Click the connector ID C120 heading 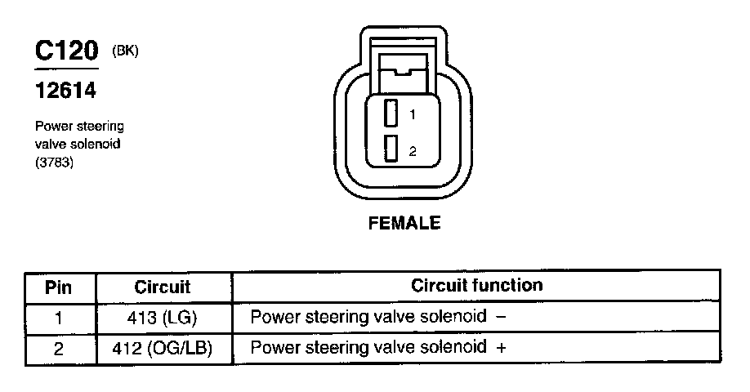click(66, 51)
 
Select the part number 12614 click(65, 91)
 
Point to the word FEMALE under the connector click(404, 223)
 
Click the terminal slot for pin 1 click(391, 114)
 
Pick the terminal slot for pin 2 click(391, 149)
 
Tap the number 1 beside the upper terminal click(413, 115)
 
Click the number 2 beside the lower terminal click(413, 151)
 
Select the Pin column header click(60, 287)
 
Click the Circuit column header click(162, 287)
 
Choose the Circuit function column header click(477, 286)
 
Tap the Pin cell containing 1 click(60, 317)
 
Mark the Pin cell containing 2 click(60, 348)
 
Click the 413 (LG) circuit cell click(162, 317)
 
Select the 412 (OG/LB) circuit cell click(162, 348)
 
